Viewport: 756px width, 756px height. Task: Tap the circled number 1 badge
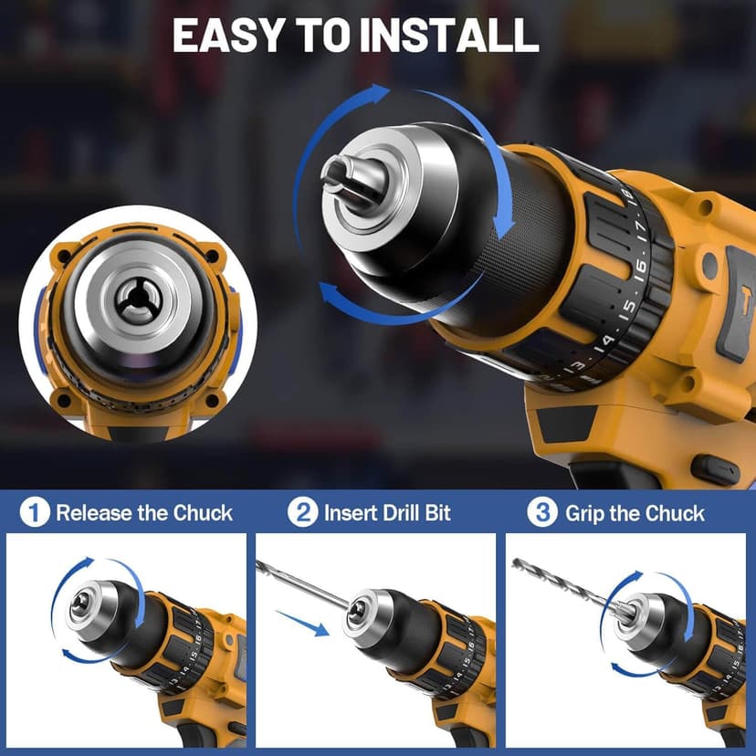click(35, 512)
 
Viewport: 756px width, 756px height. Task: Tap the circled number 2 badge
click(303, 512)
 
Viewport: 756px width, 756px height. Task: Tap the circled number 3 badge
click(542, 512)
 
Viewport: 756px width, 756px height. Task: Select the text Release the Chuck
click(144, 513)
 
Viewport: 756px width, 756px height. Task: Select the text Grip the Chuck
click(635, 513)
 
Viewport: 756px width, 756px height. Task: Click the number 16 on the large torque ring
click(642, 268)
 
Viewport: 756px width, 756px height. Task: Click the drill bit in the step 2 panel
click(301, 583)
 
